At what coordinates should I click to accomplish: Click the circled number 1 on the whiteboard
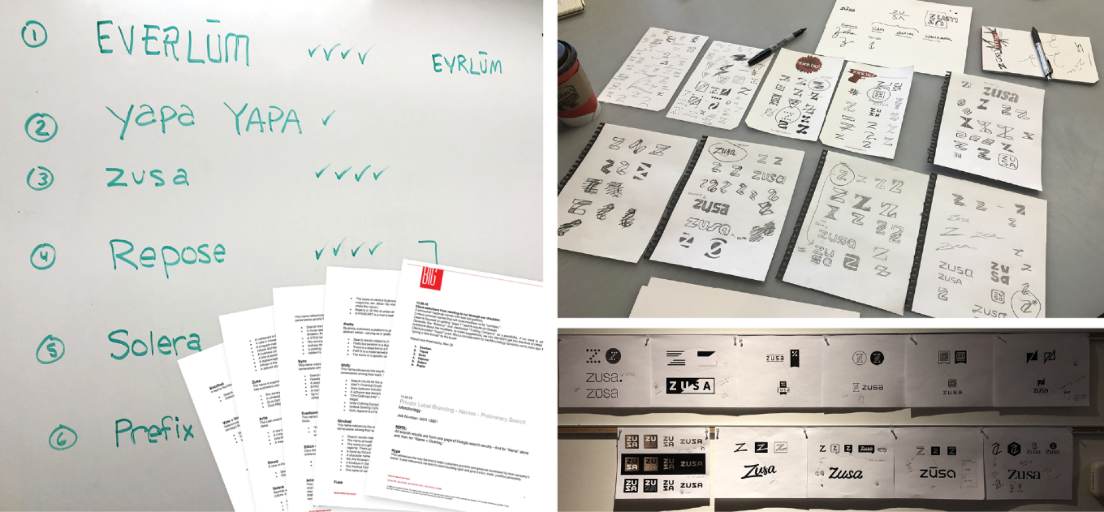[x=34, y=36]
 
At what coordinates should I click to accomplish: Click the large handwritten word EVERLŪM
[x=172, y=43]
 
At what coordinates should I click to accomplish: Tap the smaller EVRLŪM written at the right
[x=466, y=65]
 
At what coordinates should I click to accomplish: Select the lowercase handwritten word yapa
[x=151, y=119]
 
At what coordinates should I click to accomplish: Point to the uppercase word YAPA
[x=263, y=119]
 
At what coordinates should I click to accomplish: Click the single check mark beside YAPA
[x=328, y=119]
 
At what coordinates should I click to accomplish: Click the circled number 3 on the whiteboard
[x=40, y=178]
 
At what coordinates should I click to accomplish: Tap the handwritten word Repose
[x=167, y=256]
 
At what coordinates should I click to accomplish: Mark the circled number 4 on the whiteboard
[x=43, y=256]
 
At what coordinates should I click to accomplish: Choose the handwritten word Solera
[x=154, y=344]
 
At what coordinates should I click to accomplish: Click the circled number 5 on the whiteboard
[x=51, y=349]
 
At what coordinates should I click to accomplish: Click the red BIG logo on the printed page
[x=430, y=278]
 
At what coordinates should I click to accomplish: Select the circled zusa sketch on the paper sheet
[x=726, y=152]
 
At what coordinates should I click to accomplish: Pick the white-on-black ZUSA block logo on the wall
[x=689, y=386]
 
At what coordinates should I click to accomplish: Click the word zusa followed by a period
[x=604, y=378]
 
